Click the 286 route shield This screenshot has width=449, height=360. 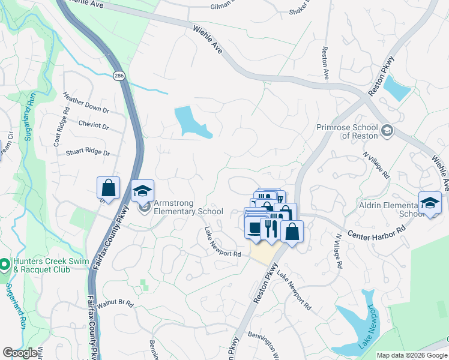click(118, 76)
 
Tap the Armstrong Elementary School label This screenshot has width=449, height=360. click(188, 207)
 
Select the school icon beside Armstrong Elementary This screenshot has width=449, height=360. click(143, 191)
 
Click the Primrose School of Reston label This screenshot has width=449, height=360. click(347, 131)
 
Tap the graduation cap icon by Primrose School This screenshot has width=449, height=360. click(387, 130)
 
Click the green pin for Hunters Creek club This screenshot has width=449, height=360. click(4, 264)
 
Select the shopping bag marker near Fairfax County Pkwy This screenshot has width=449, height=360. click(108, 188)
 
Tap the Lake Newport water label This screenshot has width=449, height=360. click(369, 327)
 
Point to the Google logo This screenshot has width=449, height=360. click(20, 353)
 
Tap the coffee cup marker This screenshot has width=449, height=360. click(255, 229)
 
